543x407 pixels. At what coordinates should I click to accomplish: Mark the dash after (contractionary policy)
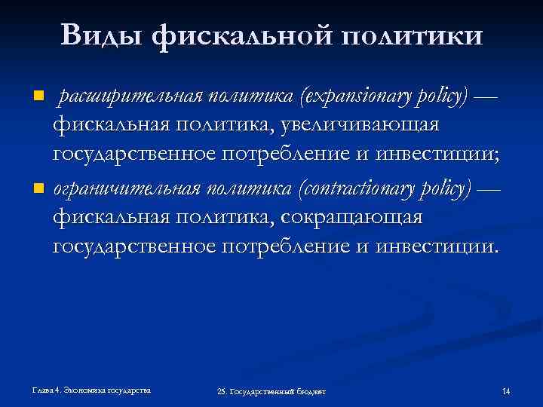tap(490, 187)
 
